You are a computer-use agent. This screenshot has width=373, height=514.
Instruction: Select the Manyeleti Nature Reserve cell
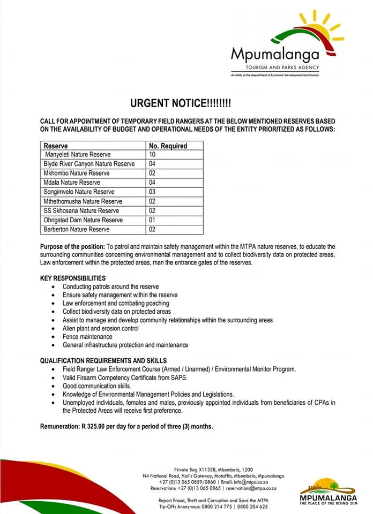point(78,155)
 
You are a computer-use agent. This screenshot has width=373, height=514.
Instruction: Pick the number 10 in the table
point(152,155)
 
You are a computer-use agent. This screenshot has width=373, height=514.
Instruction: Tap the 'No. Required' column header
point(168,146)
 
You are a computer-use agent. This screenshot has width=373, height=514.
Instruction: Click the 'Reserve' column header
point(56,146)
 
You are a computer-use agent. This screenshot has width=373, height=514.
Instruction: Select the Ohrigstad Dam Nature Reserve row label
point(83,220)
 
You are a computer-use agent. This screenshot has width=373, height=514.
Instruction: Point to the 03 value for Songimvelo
point(152,192)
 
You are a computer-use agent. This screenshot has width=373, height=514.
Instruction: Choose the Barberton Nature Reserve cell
point(77,229)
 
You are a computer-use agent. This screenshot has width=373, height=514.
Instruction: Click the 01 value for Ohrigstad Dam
point(152,220)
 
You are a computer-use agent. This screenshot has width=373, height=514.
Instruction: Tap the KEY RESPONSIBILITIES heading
point(73,278)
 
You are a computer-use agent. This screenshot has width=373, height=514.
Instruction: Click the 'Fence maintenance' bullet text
point(87,337)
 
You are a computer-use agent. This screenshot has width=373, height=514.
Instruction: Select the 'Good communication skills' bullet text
point(97,385)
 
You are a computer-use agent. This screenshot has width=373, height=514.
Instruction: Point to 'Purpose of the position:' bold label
point(72,246)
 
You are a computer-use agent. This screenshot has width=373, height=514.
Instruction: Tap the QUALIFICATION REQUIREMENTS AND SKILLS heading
point(103,361)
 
